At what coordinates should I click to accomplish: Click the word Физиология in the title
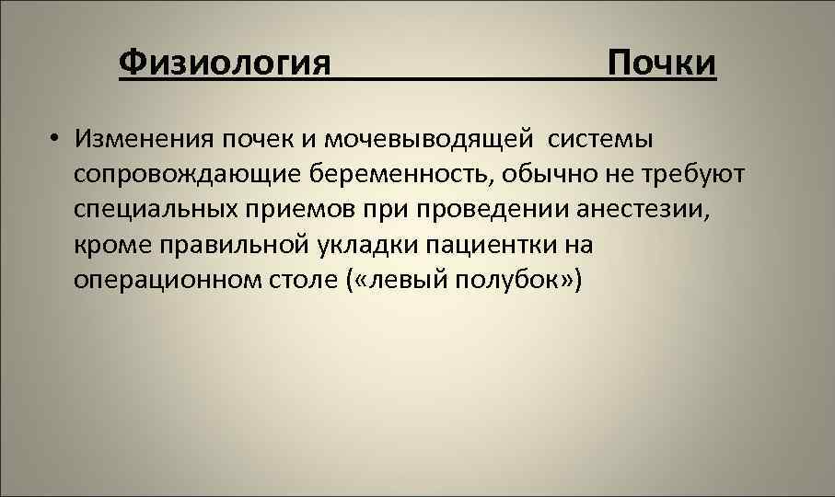click(225, 64)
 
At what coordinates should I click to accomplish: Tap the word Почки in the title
click(660, 64)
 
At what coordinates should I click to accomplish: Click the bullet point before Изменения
click(56, 140)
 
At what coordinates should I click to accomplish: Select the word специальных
click(157, 209)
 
